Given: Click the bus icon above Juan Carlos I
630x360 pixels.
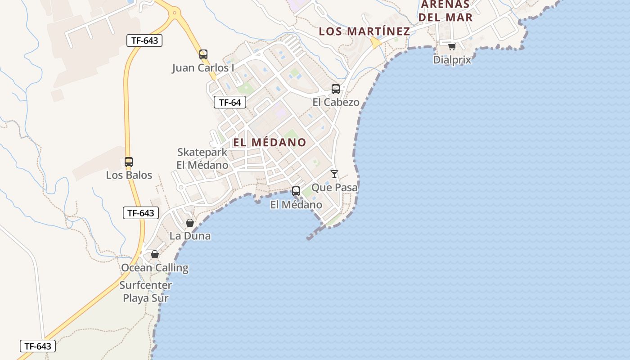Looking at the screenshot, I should tap(203, 54).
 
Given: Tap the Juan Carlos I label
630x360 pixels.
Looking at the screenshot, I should tap(203, 68).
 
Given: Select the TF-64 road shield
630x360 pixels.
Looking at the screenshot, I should tap(230, 103).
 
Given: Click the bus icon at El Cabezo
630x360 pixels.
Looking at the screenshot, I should tap(336, 89).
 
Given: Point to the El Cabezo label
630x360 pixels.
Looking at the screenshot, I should tap(336, 102).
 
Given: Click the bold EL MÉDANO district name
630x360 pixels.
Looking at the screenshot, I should tap(270, 142).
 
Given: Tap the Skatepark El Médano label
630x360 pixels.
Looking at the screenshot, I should tap(202, 158).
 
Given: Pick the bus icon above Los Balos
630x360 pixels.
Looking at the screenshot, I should tap(129, 162).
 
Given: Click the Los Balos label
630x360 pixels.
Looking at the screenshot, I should tap(129, 175).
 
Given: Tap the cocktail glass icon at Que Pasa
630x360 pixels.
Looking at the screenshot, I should tap(334, 174).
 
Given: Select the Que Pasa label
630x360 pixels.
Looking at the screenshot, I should tap(334, 187).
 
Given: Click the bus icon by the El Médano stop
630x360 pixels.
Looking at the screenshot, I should tap(296, 191).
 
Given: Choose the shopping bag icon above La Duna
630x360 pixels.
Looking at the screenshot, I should tap(190, 223).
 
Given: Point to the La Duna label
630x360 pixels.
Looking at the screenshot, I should tap(190, 236).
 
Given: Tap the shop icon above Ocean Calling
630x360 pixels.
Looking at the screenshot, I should tap(155, 255).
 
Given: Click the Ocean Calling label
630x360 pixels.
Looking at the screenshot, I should tap(155, 268).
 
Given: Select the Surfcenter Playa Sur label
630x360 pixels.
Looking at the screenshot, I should tap(146, 292).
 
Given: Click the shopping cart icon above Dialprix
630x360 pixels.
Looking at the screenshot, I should tap(452, 46).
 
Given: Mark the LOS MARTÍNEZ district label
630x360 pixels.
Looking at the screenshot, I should tap(364, 31).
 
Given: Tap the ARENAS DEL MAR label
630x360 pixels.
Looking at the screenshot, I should tap(446, 11).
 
